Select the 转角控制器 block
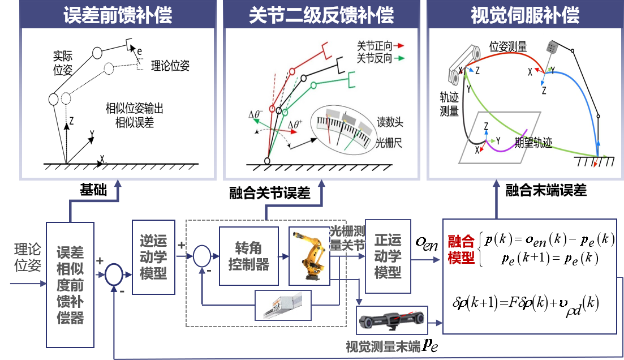(248, 256)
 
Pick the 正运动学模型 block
(388, 256)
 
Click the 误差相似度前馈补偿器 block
(70, 285)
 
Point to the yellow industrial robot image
(308, 255)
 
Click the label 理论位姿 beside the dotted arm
(170, 66)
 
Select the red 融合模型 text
(461, 250)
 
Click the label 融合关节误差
(270, 194)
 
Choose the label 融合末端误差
(546, 191)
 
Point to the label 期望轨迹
(533, 143)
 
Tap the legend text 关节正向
(375, 45)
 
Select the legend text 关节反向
(375, 58)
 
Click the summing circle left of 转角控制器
(201, 257)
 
